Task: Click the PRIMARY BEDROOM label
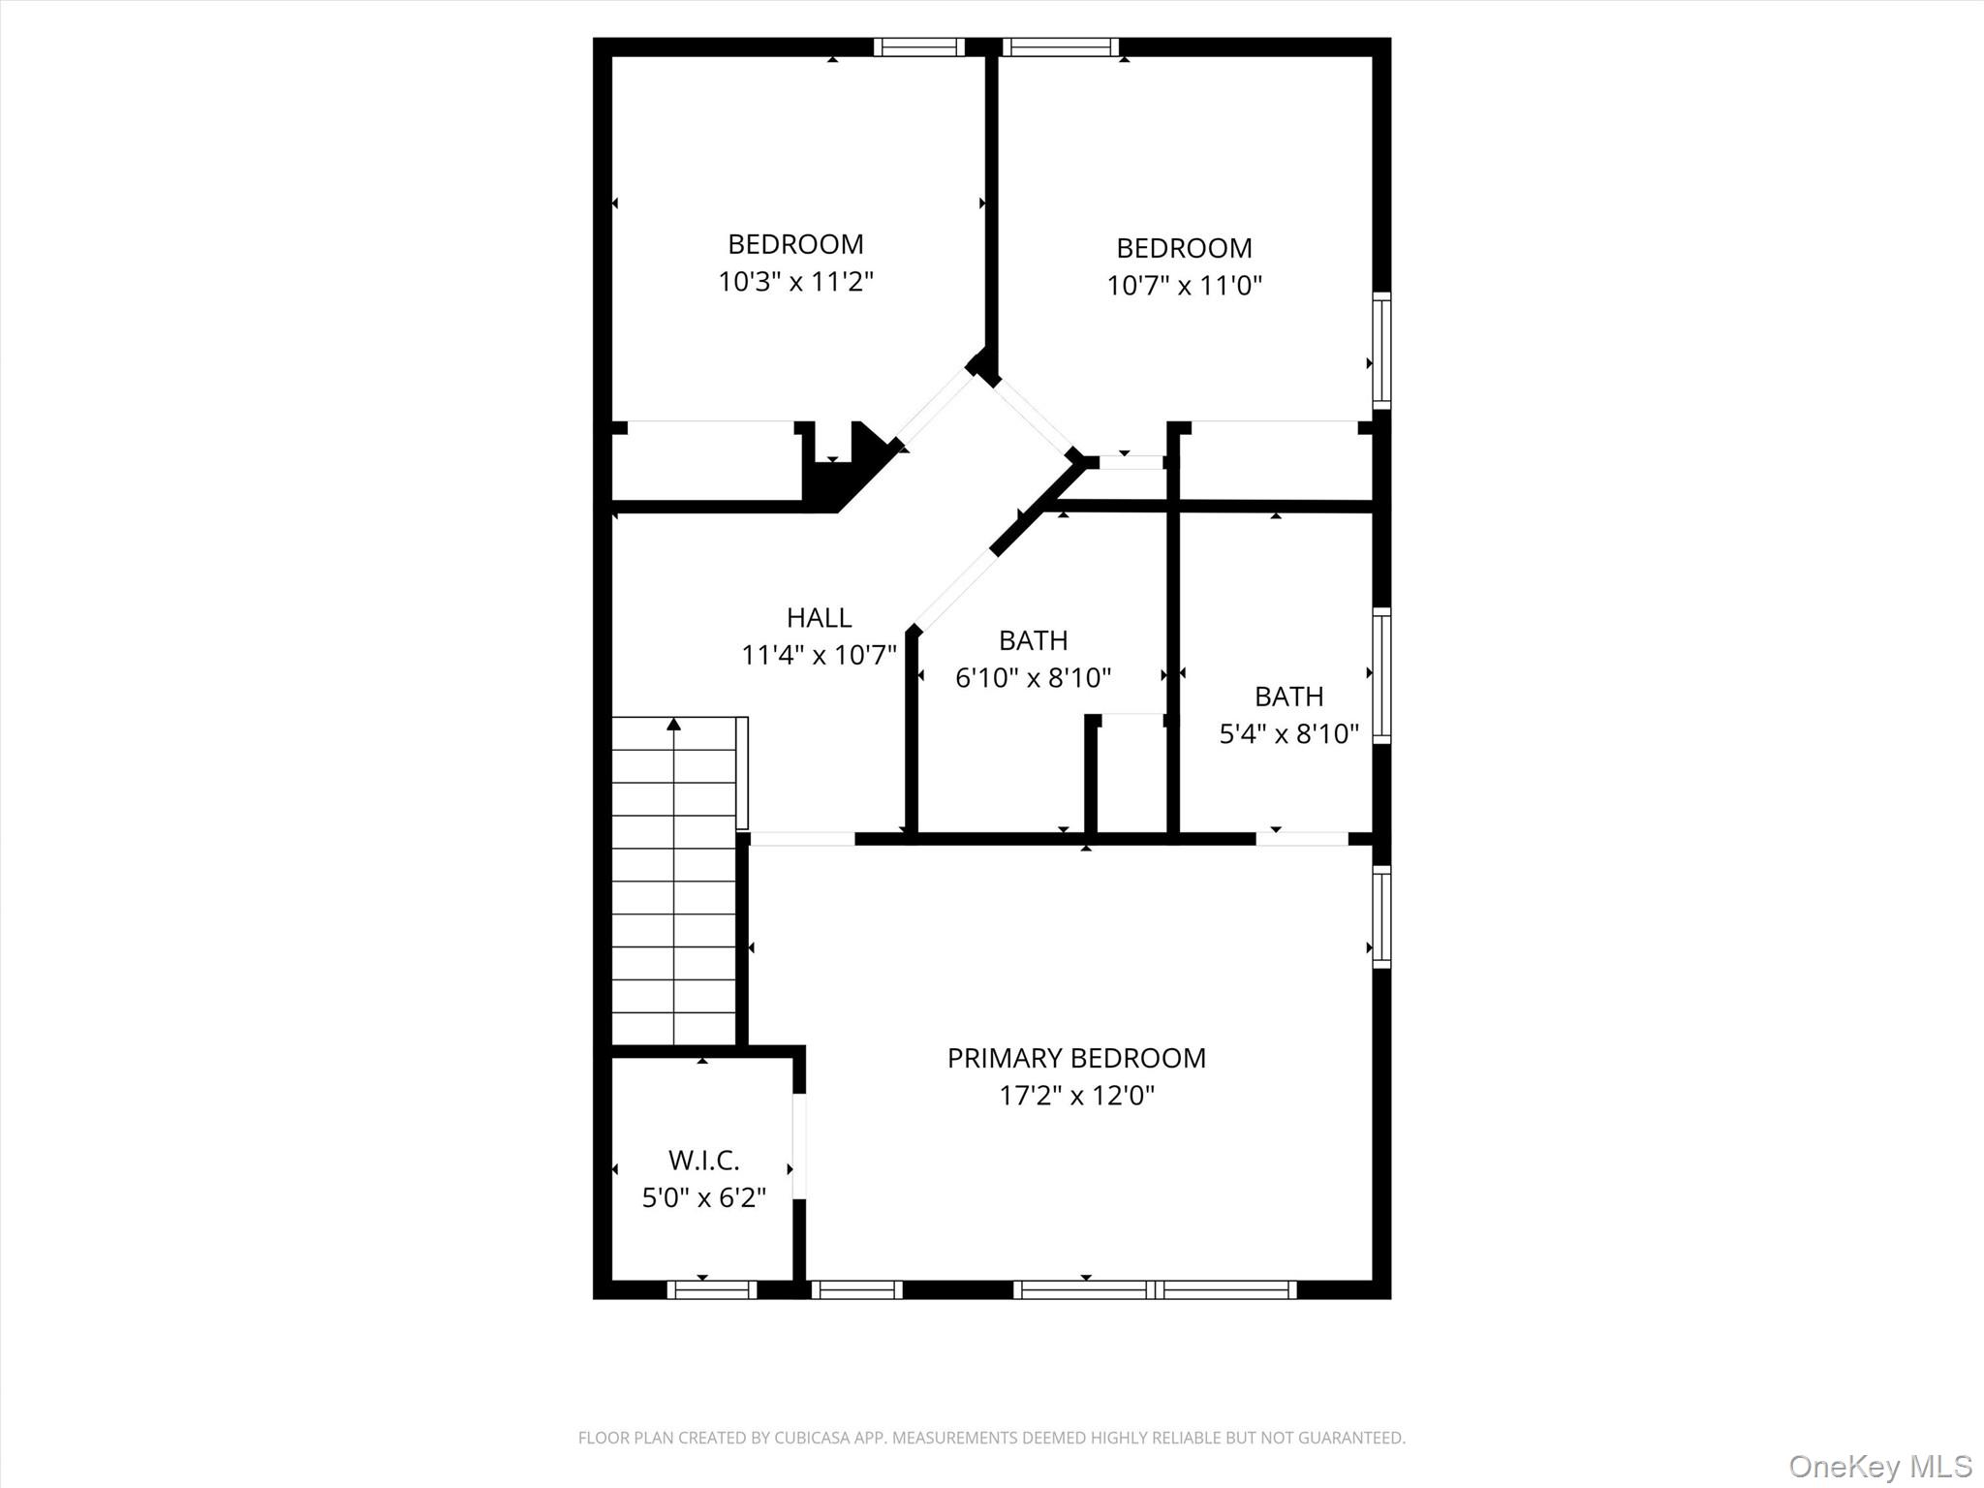(x=1076, y=1058)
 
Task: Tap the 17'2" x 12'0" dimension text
(x=1077, y=1096)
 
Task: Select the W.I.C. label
(x=704, y=1160)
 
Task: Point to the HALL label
(x=820, y=617)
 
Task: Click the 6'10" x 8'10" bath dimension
(x=1034, y=677)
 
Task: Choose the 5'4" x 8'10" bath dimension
(x=1289, y=733)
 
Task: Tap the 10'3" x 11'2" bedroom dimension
(x=796, y=282)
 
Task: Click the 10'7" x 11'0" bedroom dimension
(x=1185, y=286)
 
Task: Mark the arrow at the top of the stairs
(x=674, y=724)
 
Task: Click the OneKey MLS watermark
(x=1879, y=1466)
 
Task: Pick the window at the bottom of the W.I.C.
(x=712, y=1289)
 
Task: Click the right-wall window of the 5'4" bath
(x=1382, y=675)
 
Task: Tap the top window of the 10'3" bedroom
(x=919, y=47)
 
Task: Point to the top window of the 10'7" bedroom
(x=1061, y=47)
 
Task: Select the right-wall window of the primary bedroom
(x=1382, y=916)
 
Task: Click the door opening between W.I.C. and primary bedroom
(x=799, y=1146)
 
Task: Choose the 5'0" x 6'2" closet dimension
(x=704, y=1198)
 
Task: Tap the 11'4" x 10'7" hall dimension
(x=820, y=656)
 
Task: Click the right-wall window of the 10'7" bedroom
(x=1382, y=350)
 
